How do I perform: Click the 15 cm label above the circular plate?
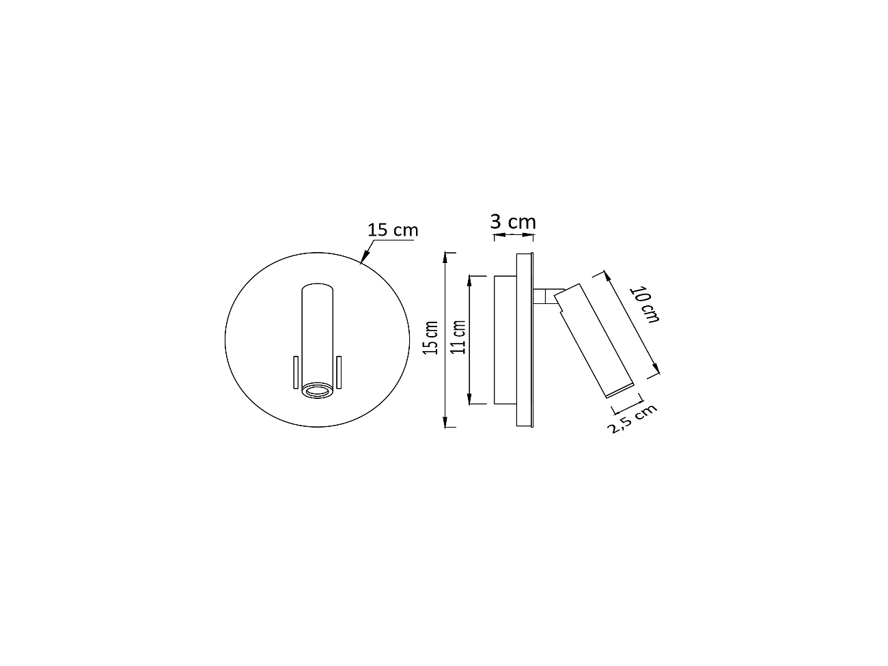[392, 230]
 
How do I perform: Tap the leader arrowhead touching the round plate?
[364, 259]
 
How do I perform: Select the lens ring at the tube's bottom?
[317, 391]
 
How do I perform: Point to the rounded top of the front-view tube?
[317, 286]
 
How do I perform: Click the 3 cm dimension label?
[513, 222]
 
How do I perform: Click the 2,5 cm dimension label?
[632, 419]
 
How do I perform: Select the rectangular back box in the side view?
[505, 339]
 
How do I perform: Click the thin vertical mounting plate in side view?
[525, 339]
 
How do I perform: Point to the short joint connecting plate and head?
[544, 296]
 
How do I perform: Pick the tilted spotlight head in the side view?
[593, 339]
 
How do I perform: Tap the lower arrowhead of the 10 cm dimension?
[657, 370]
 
